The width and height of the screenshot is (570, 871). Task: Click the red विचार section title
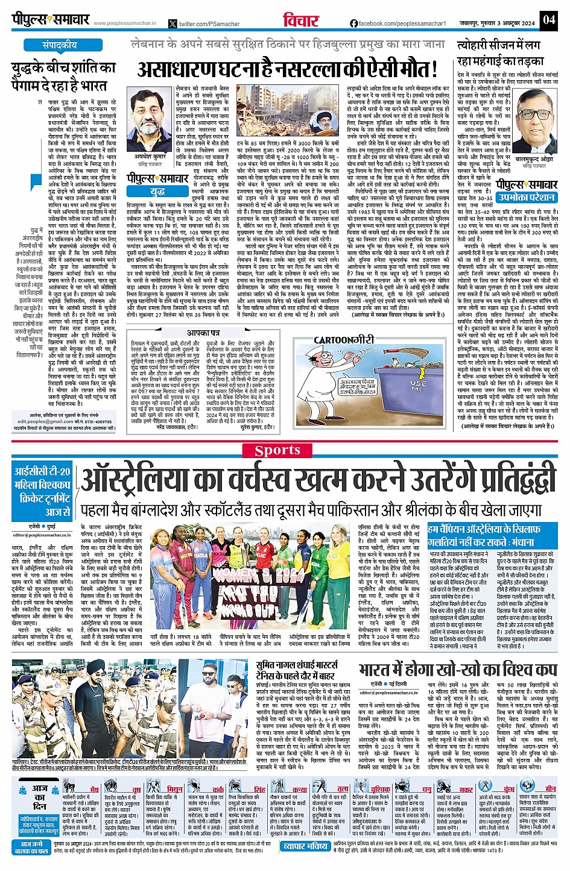(299, 20)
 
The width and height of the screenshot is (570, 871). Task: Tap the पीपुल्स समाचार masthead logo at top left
(51, 20)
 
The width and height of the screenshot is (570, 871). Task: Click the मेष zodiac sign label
(95, 788)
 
